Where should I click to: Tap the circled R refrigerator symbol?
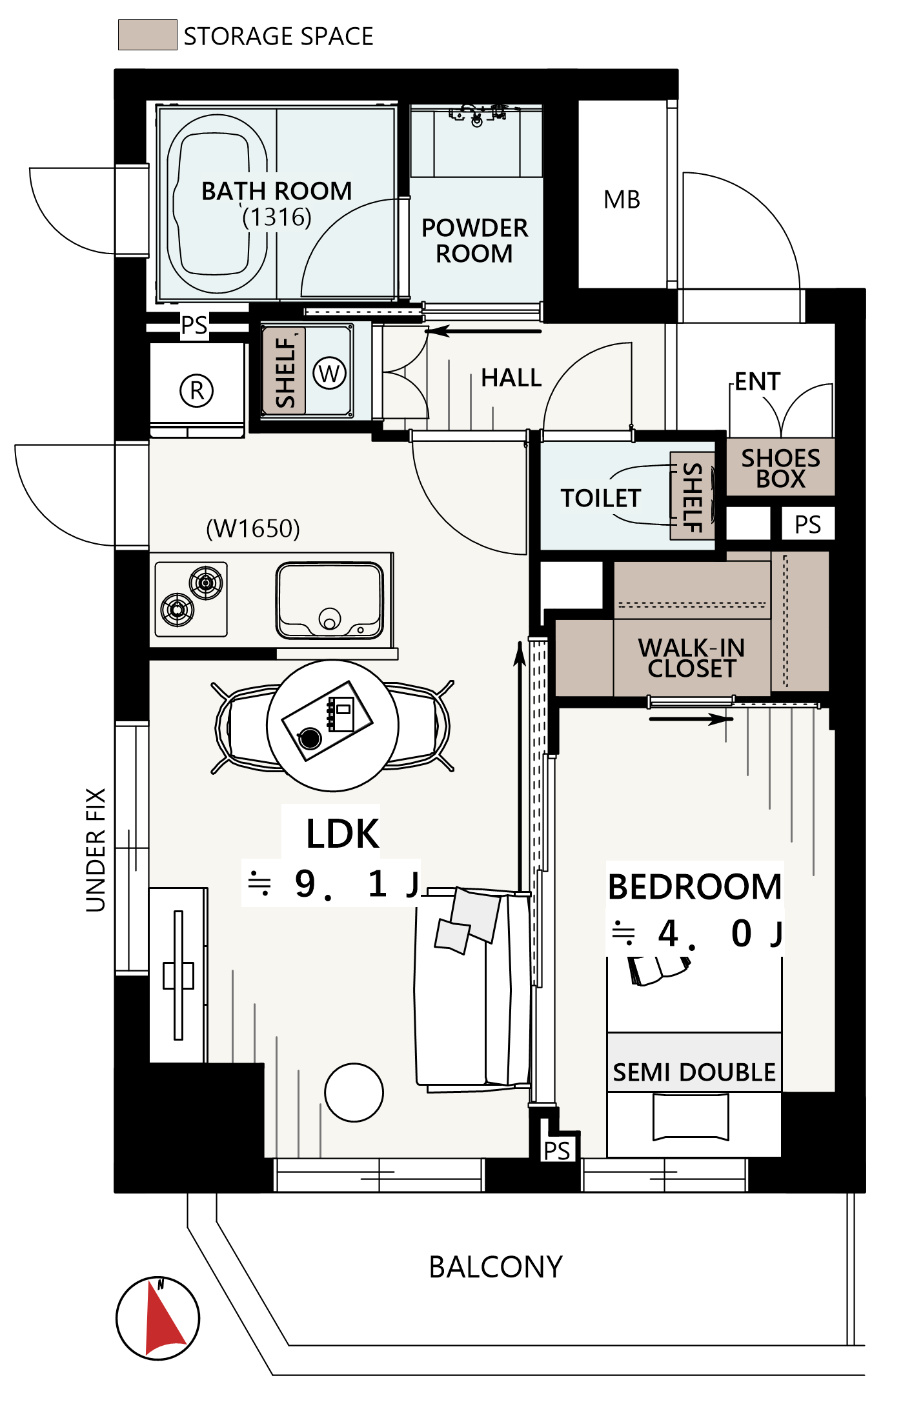click(197, 390)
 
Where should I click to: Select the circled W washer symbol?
click(329, 373)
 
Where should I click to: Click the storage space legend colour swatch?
click(148, 35)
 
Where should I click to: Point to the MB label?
click(622, 200)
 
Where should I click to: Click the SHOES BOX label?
click(781, 468)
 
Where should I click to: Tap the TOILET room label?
click(601, 498)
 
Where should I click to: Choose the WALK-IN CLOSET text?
click(692, 658)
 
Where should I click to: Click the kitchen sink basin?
click(330, 600)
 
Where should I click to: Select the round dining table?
click(332, 725)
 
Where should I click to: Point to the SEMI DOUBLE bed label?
click(694, 1072)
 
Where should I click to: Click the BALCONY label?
click(496, 1267)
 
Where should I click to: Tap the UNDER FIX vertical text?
click(96, 850)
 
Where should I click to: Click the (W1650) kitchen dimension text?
click(253, 528)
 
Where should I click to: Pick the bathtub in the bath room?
click(217, 204)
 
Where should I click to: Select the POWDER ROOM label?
click(475, 241)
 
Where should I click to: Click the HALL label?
click(512, 378)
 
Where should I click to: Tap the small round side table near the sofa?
click(354, 1092)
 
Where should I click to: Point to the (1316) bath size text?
click(277, 217)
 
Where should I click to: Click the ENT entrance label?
click(758, 382)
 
